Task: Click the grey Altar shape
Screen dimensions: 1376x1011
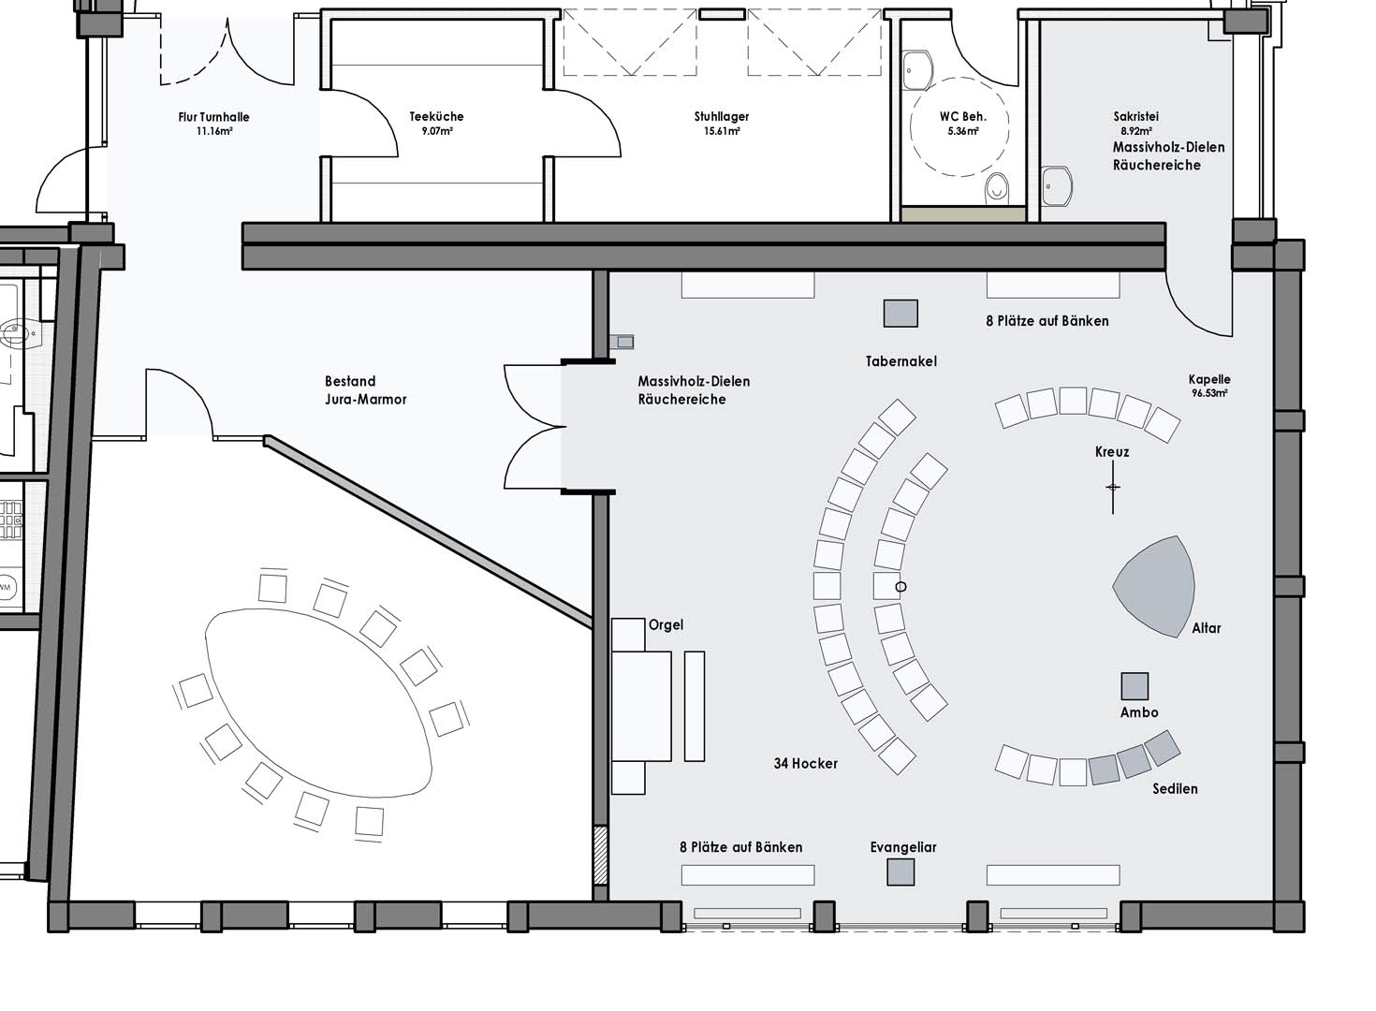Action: coord(1155,587)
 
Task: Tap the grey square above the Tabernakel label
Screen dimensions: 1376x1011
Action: coord(900,314)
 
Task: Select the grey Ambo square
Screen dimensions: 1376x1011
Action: coord(1134,686)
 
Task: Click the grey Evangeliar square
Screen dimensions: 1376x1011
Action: coord(900,872)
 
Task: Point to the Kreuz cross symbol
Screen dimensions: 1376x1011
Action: coord(1112,488)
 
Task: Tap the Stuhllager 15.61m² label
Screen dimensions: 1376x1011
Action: coord(722,123)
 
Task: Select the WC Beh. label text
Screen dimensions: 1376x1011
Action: coord(962,117)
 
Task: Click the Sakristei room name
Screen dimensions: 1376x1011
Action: coord(1135,116)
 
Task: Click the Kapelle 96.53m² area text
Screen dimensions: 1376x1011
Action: coord(1209,387)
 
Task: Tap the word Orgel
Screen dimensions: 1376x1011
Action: coord(666,624)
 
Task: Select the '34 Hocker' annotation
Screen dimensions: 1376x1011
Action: coord(805,764)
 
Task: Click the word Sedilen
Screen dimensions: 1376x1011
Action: coord(1175,788)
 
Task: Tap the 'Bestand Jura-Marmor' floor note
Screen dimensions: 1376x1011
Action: coord(365,390)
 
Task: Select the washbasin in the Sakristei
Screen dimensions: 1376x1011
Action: coord(1057,186)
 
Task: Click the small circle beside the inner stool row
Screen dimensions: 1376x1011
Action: coord(900,587)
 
